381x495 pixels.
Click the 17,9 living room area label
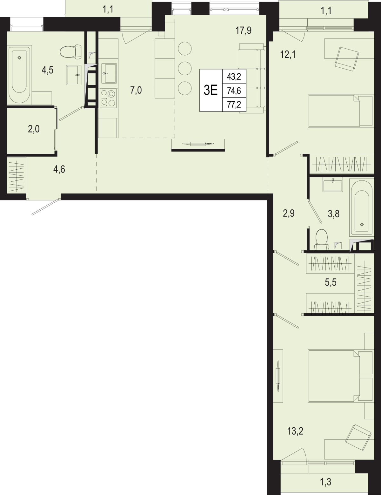tap(244, 31)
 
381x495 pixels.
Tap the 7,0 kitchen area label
tap(136, 90)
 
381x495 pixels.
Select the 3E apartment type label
tap(211, 90)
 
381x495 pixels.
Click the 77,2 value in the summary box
tap(234, 105)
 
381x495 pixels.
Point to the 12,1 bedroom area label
tap(288, 55)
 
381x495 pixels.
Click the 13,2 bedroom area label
tap(295, 431)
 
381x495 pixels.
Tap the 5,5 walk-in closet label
tap(330, 282)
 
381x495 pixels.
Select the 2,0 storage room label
tap(34, 129)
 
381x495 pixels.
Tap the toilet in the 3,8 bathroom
tap(321, 239)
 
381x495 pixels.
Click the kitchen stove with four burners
tap(108, 98)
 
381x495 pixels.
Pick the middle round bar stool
tap(184, 68)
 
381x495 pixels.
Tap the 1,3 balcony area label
tap(326, 482)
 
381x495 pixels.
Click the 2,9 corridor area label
tap(289, 214)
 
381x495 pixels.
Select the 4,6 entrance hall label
tap(59, 169)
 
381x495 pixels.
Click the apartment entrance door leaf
tap(46, 207)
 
